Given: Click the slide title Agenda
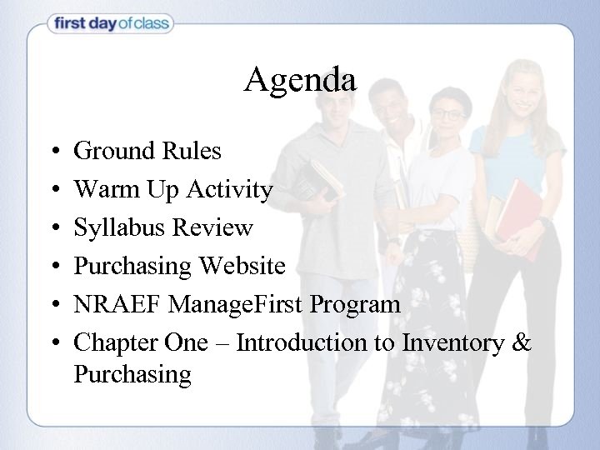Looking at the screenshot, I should click(x=300, y=80).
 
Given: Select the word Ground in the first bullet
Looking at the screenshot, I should click(x=113, y=151).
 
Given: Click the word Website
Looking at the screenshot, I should click(x=242, y=267).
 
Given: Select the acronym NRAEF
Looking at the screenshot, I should click(x=117, y=304).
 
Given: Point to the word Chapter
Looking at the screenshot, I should click(x=110, y=342).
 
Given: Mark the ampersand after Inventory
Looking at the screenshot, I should click(x=520, y=342).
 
